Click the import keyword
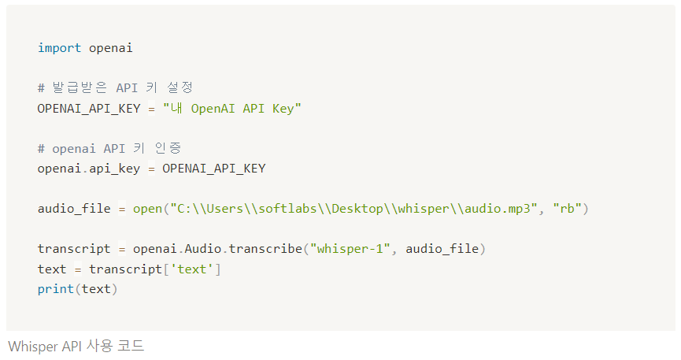(x=59, y=48)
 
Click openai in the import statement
(x=110, y=48)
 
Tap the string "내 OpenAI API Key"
(x=232, y=108)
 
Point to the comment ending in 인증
(x=110, y=148)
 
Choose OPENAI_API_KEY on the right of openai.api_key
(x=214, y=168)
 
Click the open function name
(x=146, y=209)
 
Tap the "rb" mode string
(x=568, y=209)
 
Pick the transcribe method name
(x=266, y=249)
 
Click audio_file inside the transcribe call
(x=442, y=249)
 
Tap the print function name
(x=55, y=289)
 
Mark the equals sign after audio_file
(x=122, y=209)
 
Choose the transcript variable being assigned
(x=74, y=249)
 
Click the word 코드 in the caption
(x=134, y=346)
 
